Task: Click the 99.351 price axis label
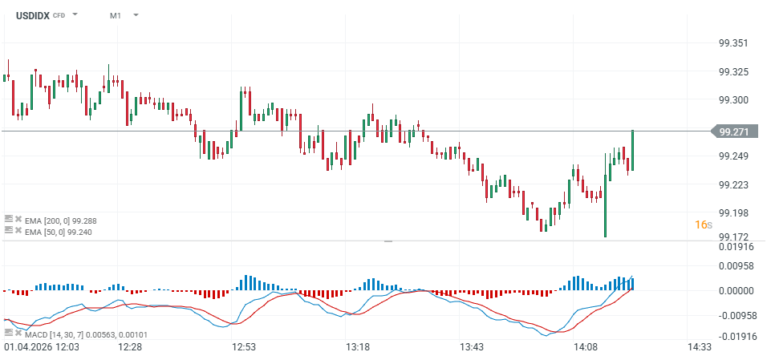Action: pos(735,43)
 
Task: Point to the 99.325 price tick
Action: pos(735,72)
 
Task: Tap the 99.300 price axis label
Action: pos(735,100)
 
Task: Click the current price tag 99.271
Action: pos(734,131)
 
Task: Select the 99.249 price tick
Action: pos(735,156)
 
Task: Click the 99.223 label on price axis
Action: pos(735,185)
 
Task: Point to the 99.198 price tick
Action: pos(735,213)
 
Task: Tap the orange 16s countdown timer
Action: pos(703,224)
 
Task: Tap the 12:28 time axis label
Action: pos(130,347)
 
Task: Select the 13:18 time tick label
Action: pos(358,347)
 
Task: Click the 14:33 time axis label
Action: pos(700,347)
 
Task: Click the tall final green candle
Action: pos(633,150)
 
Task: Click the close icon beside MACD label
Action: pos(18,332)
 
